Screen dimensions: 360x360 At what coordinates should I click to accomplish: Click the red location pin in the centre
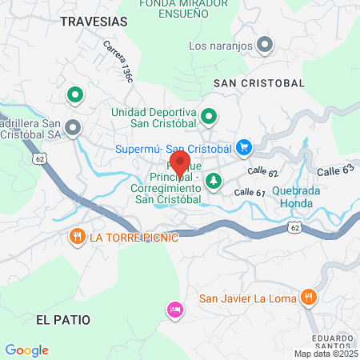[x=180, y=165]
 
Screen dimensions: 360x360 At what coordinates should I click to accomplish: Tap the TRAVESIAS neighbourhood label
[x=93, y=22]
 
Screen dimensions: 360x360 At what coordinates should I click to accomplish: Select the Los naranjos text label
[x=220, y=46]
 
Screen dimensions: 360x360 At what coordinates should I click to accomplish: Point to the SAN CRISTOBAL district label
[x=259, y=83]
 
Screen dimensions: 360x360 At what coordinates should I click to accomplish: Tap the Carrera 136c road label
[x=118, y=62]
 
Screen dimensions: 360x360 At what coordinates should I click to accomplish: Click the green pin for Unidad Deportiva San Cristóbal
[x=210, y=118]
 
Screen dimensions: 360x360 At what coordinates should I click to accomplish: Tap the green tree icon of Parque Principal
[x=214, y=182]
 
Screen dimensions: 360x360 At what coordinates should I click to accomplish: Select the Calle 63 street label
[x=334, y=170]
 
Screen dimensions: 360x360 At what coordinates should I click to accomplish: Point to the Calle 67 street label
[x=250, y=193]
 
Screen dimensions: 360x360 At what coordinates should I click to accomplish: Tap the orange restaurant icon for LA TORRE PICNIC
[x=77, y=237]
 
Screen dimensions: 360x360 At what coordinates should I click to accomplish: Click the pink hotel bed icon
[x=174, y=309]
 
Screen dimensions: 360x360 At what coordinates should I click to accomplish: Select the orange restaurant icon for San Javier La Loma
[x=309, y=298]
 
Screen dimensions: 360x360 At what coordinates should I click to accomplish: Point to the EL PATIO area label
[x=63, y=319]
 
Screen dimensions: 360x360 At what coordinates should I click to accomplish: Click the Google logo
[x=26, y=350]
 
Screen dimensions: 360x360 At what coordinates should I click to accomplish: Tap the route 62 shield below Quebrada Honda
[x=295, y=229]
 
